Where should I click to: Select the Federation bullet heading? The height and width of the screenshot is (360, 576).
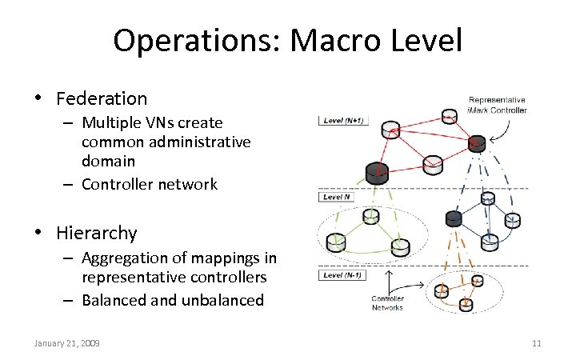(x=102, y=99)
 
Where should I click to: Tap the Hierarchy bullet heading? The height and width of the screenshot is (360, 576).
(x=97, y=234)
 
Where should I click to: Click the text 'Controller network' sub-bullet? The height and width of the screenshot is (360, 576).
(x=149, y=184)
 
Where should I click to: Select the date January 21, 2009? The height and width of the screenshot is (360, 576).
(x=67, y=343)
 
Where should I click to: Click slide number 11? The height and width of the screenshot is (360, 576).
(x=537, y=343)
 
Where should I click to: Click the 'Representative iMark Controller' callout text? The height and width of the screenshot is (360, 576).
(x=498, y=105)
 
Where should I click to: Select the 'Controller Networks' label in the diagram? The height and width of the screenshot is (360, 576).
(x=387, y=303)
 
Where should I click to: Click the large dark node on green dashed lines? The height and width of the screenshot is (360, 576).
(x=376, y=171)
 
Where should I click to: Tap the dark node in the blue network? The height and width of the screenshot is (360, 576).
(x=453, y=218)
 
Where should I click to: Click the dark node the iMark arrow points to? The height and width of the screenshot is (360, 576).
(x=478, y=144)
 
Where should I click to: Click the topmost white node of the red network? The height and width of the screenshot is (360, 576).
(x=390, y=128)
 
